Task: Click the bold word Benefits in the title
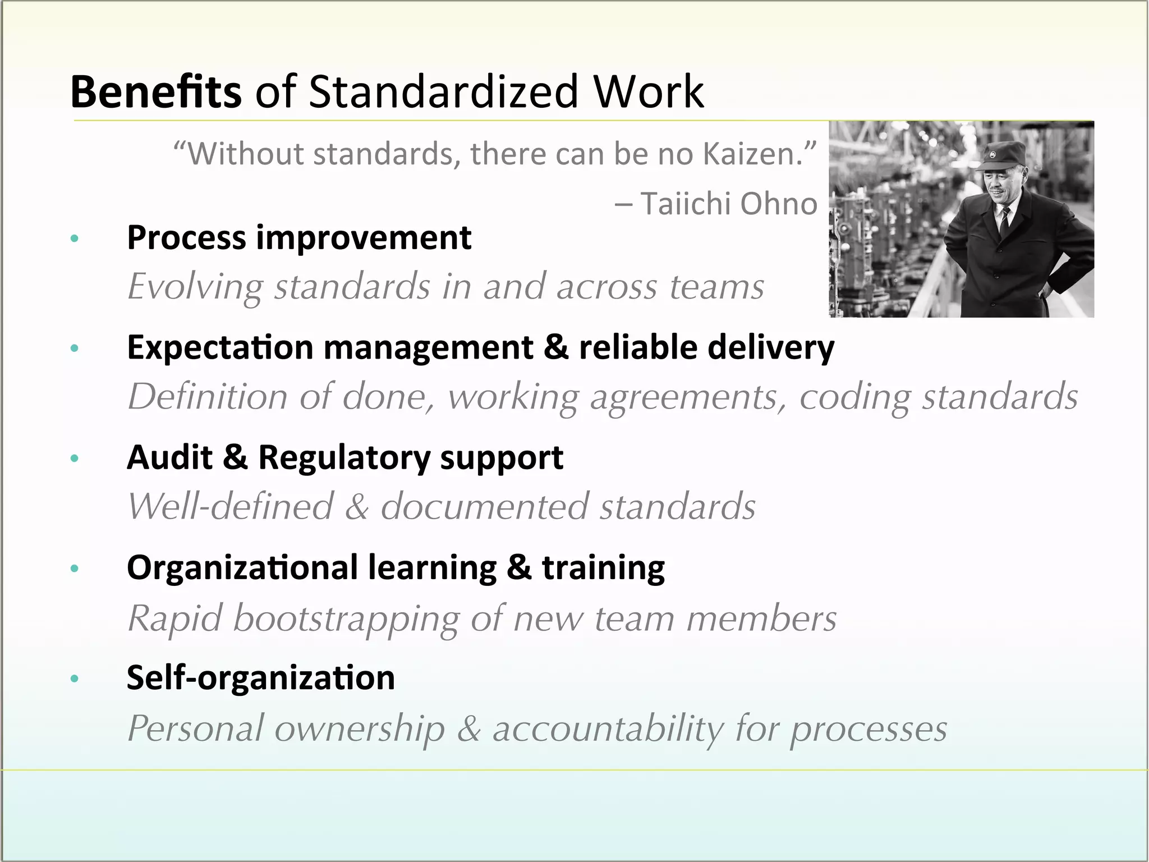(x=155, y=91)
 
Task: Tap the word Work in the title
(x=648, y=91)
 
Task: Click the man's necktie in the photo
(x=1004, y=221)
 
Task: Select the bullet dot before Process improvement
(x=75, y=239)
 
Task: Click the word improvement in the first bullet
(x=364, y=238)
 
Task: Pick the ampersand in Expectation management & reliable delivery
(x=555, y=347)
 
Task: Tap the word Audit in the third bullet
(x=169, y=457)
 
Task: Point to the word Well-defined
(x=231, y=507)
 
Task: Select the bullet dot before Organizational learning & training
(x=75, y=569)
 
